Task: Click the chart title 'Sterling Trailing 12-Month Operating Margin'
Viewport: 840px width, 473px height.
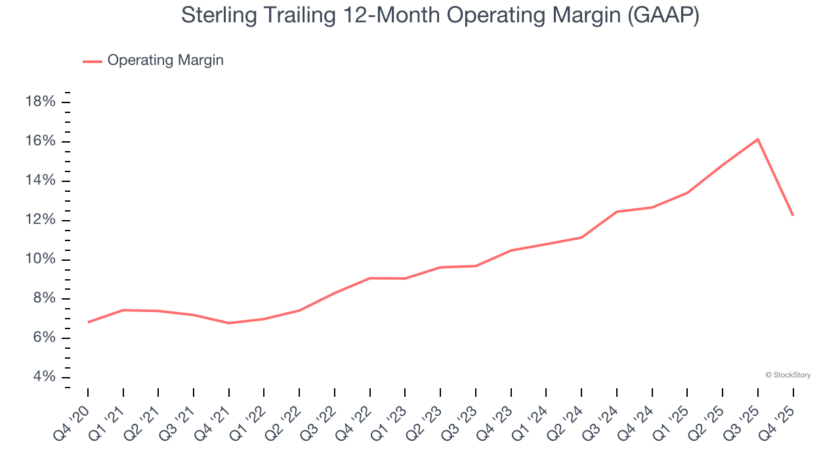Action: (x=440, y=16)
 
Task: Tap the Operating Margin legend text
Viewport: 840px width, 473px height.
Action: (x=165, y=60)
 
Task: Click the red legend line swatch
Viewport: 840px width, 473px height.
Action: (x=92, y=61)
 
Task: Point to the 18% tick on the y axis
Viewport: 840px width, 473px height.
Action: (x=39, y=102)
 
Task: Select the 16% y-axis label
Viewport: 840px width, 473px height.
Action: (x=39, y=141)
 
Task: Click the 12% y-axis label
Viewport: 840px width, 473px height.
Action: (x=39, y=220)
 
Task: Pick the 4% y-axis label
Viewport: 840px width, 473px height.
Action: (x=43, y=377)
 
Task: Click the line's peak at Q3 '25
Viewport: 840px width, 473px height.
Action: (x=757, y=139)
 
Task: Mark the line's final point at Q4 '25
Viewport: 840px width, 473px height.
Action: (x=793, y=215)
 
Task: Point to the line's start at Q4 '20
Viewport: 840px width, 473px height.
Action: (x=88, y=322)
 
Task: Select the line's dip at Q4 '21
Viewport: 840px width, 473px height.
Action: (x=229, y=323)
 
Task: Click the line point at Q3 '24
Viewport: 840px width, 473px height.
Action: (x=617, y=212)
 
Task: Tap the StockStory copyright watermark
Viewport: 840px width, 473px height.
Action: (x=787, y=375)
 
